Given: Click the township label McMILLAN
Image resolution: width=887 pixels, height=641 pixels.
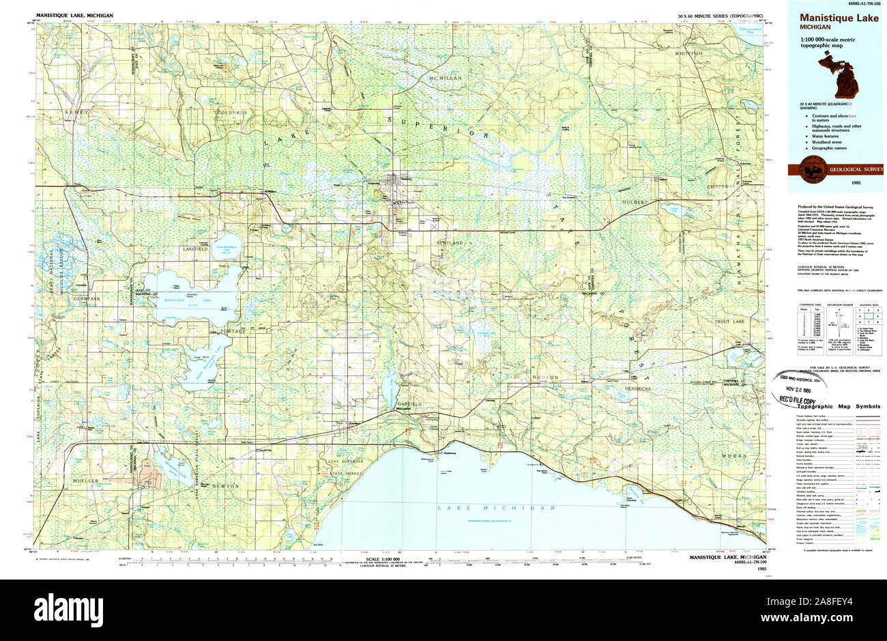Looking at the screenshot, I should click(x=446, y=79).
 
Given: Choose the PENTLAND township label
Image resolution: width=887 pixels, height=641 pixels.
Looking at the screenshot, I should click(x=450, y=242).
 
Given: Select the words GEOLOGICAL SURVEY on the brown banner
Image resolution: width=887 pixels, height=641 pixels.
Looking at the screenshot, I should click(x=856, y=169).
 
